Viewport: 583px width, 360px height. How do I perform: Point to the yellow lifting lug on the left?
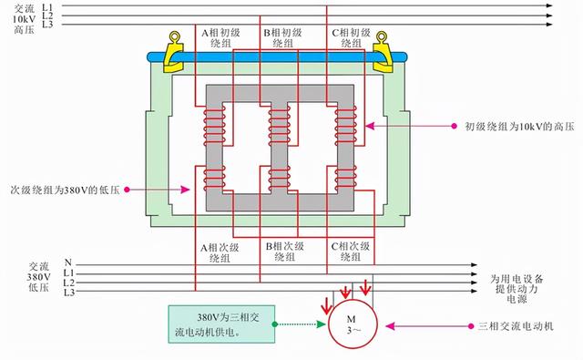pyautogui.click(x=174, y=53)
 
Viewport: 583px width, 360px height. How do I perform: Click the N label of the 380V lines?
pyautogui.click(x=67, y=262)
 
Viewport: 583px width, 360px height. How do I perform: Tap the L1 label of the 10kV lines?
pyautogui.click(x=48, y=5)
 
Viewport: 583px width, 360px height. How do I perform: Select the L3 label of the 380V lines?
pyautogui.click(x=68, y=293)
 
